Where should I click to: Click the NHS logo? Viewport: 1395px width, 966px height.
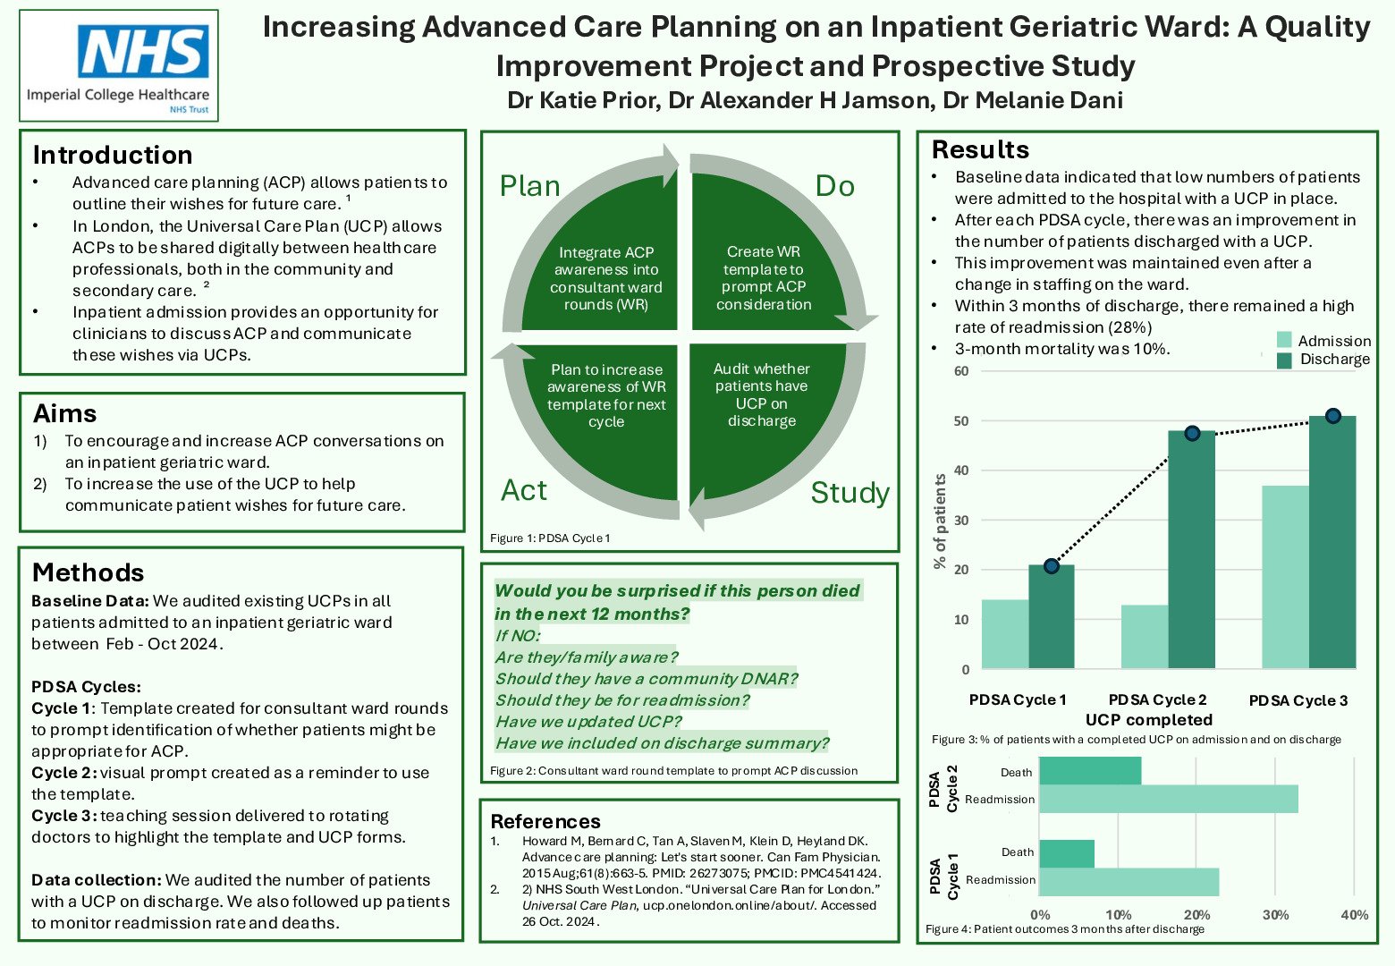pyautogui.click(x=143, y=52)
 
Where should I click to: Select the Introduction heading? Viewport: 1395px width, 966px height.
pyautogui.click(x=113, y=155)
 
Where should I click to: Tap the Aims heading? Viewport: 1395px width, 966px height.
pyautogui.click(x=65, y=413)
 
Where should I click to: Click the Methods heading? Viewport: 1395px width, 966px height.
pyautogui.click(x=88, y=572)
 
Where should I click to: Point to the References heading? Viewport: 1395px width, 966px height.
pyautogui.click(x=545, y=821)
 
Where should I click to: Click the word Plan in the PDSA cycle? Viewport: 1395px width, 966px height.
pyautogui.click(x=529, y=186)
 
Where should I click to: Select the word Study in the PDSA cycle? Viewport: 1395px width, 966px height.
pyautogui.click(x=850, y=493)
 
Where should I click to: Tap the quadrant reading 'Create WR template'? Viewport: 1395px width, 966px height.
pyautogui.click(x=764, y=277)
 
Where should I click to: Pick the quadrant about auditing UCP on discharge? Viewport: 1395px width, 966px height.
pyautogui.click(x=762, y=394)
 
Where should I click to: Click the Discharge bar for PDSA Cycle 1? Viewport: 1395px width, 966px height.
pyautogui.click(x=1052, y=617)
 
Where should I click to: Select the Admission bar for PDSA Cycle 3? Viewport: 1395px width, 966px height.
pyautogui.click(x=1285, y=577)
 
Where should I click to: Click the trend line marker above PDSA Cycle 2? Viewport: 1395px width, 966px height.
pyautogui.click(x=1192, y=433)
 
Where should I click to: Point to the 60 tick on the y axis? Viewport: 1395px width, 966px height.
pyautogui.click(x=961, y=371)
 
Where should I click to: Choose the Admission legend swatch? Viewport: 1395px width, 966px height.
pyautogui.click(x=1284, y=341)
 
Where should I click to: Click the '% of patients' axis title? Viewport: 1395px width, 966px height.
pyautogui.click(x=940, y=521)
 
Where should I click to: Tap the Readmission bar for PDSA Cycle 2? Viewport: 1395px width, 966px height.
pyautogui.click(x=1168, y=800)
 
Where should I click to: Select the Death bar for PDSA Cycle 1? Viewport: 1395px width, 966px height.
pyautogui.click(x=1067, y=853)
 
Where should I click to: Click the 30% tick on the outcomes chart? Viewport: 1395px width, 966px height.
pyautogui.click(x=1275, y=915)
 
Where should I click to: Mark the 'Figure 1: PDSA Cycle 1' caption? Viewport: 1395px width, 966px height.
pyautogui.click(x=550, y=538)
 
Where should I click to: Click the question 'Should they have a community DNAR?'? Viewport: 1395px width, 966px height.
pyautogui.click(x=646, y=679)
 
